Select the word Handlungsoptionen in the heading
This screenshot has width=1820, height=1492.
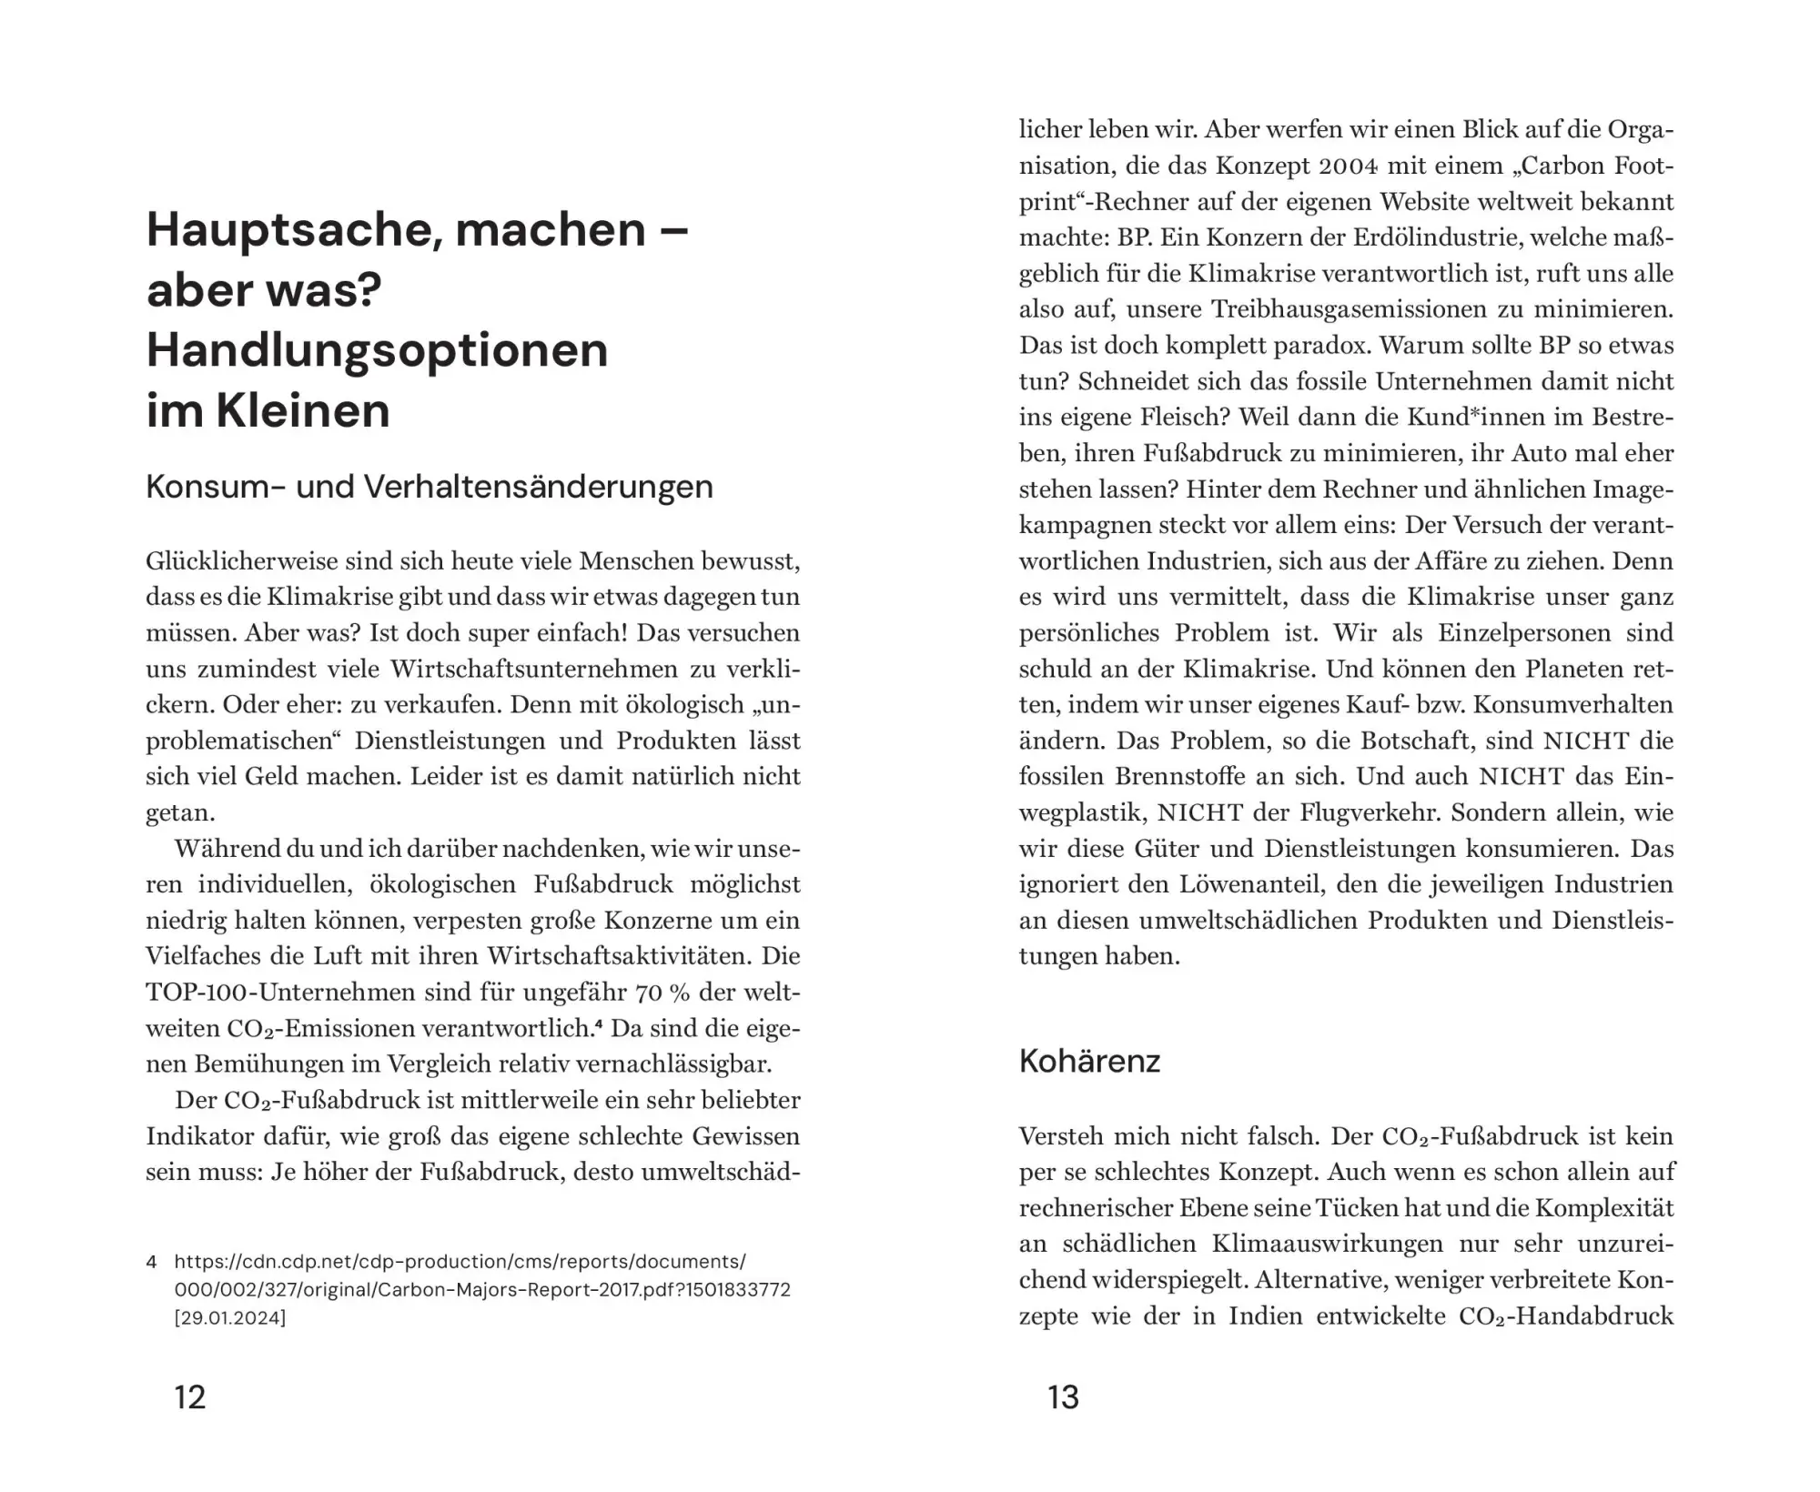[x=377, y=350]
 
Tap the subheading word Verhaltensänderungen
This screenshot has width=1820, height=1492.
[x=538, y=487]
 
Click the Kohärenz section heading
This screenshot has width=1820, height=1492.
[x=1089, y=1061]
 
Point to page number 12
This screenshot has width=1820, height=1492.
[x=190, y=1396]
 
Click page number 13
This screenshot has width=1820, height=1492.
[x=1063, y=1396]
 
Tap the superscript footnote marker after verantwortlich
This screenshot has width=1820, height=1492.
[x=598, y=1024]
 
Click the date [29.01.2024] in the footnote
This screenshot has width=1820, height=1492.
[x=230, y=1316]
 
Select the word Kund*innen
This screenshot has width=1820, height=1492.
[x=1480, y=417]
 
